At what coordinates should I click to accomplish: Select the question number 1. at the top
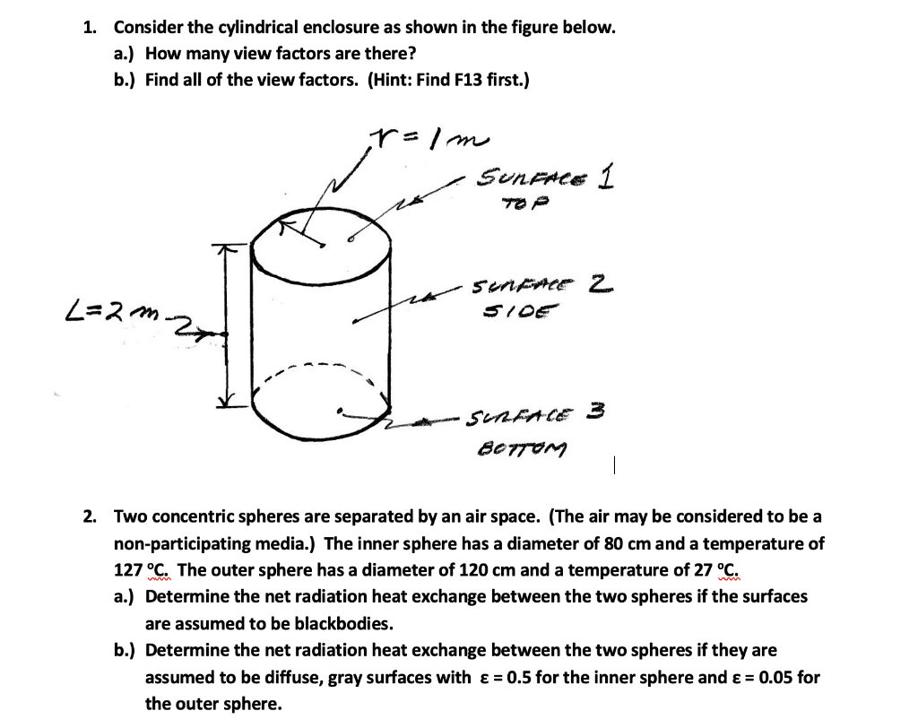coord(91,27)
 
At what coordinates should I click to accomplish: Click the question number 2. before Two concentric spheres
coord(91,516)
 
